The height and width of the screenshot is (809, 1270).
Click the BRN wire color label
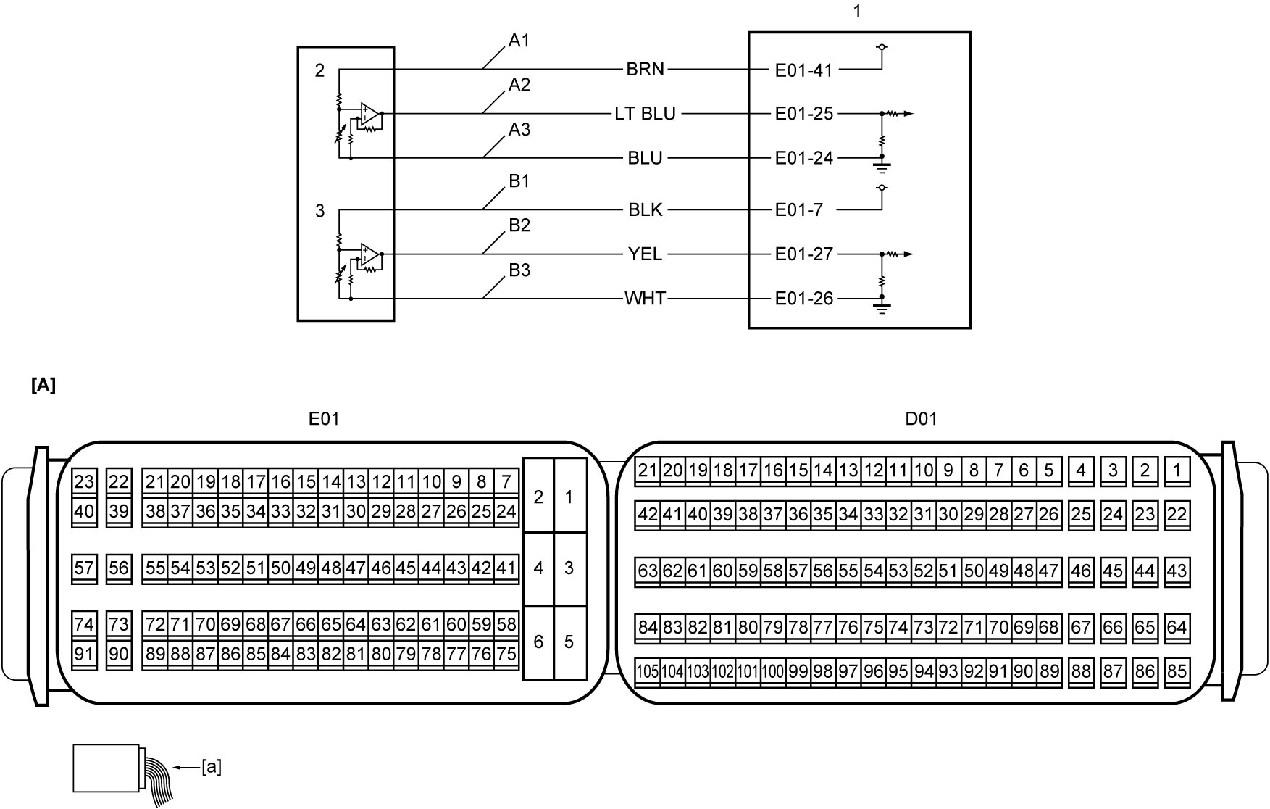coord(645,70)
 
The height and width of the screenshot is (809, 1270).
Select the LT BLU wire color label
coord(645,114)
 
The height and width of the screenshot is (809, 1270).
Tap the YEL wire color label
coord(645,254)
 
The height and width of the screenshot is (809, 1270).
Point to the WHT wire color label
coord(645,299)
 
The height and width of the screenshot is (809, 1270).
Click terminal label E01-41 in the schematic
coord(804,70)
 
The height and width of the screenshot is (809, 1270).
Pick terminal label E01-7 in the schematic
coord(799,210)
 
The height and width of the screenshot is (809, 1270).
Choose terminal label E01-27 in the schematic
coord(804,254)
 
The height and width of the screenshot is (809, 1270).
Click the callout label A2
coord(519,86)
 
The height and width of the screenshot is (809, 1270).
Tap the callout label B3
coord(519,270)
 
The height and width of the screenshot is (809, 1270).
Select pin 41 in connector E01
coord(506,568)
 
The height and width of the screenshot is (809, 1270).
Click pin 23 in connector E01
coord(84,482)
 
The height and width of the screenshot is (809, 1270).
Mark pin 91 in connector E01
coord(84,655)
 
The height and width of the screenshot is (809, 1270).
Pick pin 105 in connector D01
coord(647,671)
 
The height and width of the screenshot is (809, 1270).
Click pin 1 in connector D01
coord(1177,471)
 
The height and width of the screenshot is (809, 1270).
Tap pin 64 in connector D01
coord(1177,628)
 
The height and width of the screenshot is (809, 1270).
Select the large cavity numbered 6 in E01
coord(538,642)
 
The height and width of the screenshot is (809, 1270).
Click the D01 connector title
coord(922,419)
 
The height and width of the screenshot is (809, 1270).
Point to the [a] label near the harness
coord(212,767)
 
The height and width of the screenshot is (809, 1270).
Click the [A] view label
coord(43,386)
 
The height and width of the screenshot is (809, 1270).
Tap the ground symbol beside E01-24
coord(882,166)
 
